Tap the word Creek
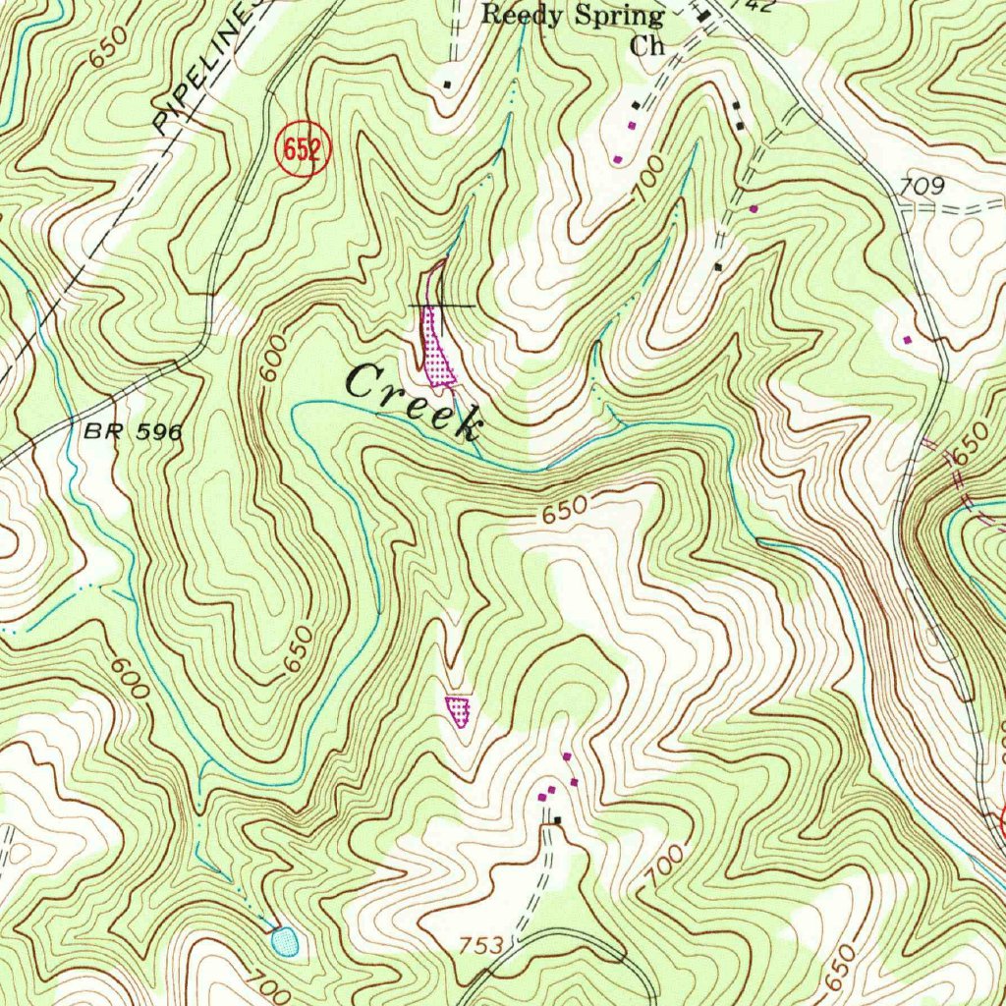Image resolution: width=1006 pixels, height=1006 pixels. (x=415, y=398)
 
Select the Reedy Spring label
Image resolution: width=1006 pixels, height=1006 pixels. (x=573, y=16)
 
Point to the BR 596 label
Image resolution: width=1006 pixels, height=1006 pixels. (x=133, y=431)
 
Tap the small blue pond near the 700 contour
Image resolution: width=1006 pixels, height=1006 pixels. (x=285, y=941)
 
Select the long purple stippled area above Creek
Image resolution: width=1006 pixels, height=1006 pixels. (x=436, y=349)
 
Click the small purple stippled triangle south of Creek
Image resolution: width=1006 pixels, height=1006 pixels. (x=459, y=708)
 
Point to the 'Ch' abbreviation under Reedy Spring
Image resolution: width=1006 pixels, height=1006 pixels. (x=647, y=45)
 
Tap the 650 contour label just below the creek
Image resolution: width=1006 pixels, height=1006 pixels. (x=564, y=510)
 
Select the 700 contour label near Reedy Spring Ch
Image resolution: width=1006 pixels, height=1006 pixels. (x=647, y=178)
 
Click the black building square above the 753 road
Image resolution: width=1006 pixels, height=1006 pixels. (x=558, y=820)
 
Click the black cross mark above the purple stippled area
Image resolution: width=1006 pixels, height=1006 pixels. (x=441, y=306)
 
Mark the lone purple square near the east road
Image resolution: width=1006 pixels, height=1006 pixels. (x=907, y=340)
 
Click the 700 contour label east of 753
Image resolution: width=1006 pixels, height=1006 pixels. (x=667, y=865)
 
